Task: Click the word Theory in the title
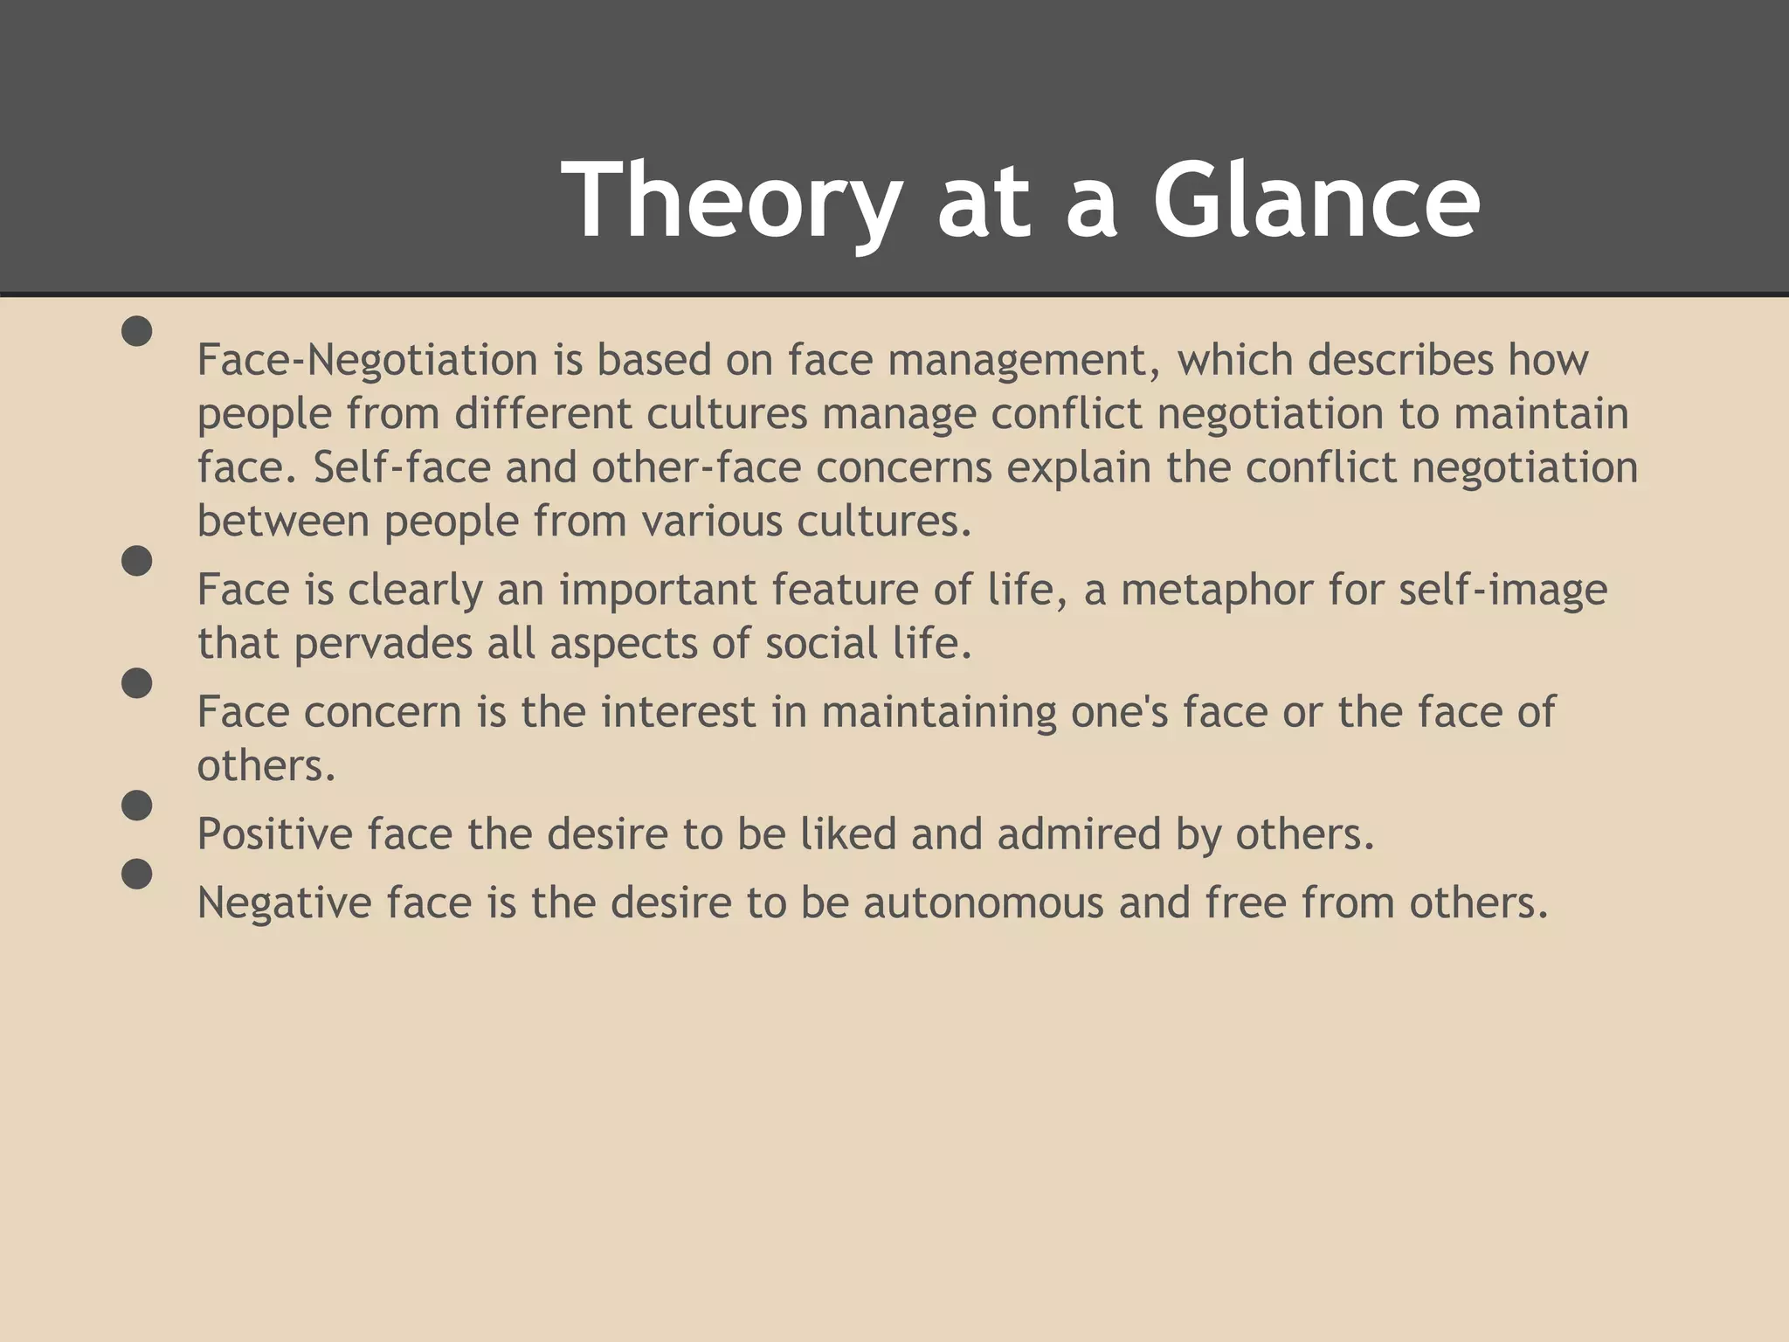click(732, 201)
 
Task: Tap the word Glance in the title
click(1316, 201)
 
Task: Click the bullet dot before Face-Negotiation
click(137, 331)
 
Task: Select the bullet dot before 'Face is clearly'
click(137, 561)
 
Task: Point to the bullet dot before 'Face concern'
click(137, 683)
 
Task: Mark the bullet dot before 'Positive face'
click(137, 805)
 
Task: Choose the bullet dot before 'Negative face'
click(137, 874)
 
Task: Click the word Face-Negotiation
click(367, 360)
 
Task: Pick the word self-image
click(1502, 591)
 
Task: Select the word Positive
click(274, 834)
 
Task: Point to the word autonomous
click(984, 903)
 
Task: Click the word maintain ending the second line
click(1541, 413)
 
